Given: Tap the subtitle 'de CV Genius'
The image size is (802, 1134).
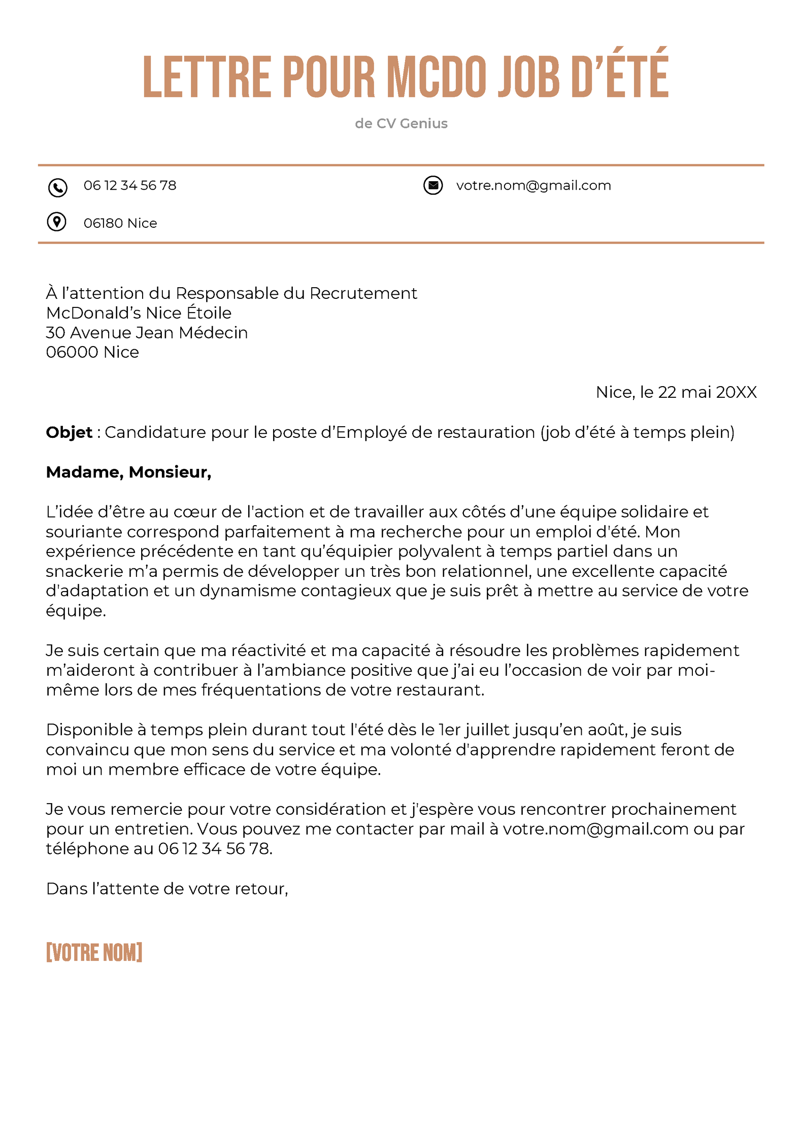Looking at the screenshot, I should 401,123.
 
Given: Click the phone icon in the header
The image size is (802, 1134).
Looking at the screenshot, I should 57,187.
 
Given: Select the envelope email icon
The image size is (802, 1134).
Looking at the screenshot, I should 433,185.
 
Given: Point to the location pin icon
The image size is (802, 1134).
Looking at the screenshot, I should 56,222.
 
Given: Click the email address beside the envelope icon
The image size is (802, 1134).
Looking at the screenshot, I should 533,185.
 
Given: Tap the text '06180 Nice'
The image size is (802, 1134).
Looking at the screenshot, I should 120,223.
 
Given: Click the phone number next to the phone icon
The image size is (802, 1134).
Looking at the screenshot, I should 130,185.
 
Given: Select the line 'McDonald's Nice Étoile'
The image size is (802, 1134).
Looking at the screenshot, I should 139,313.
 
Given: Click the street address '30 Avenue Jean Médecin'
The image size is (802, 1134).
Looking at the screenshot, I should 147,332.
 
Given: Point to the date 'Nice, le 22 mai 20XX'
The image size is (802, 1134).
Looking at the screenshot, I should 676,392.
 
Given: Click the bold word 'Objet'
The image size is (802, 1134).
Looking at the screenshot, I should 69,432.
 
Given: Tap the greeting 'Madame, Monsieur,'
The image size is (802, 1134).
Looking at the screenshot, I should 128,472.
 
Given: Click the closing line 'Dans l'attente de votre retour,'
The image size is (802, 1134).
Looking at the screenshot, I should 167,888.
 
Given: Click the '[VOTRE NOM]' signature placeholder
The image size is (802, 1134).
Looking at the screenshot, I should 94,952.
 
